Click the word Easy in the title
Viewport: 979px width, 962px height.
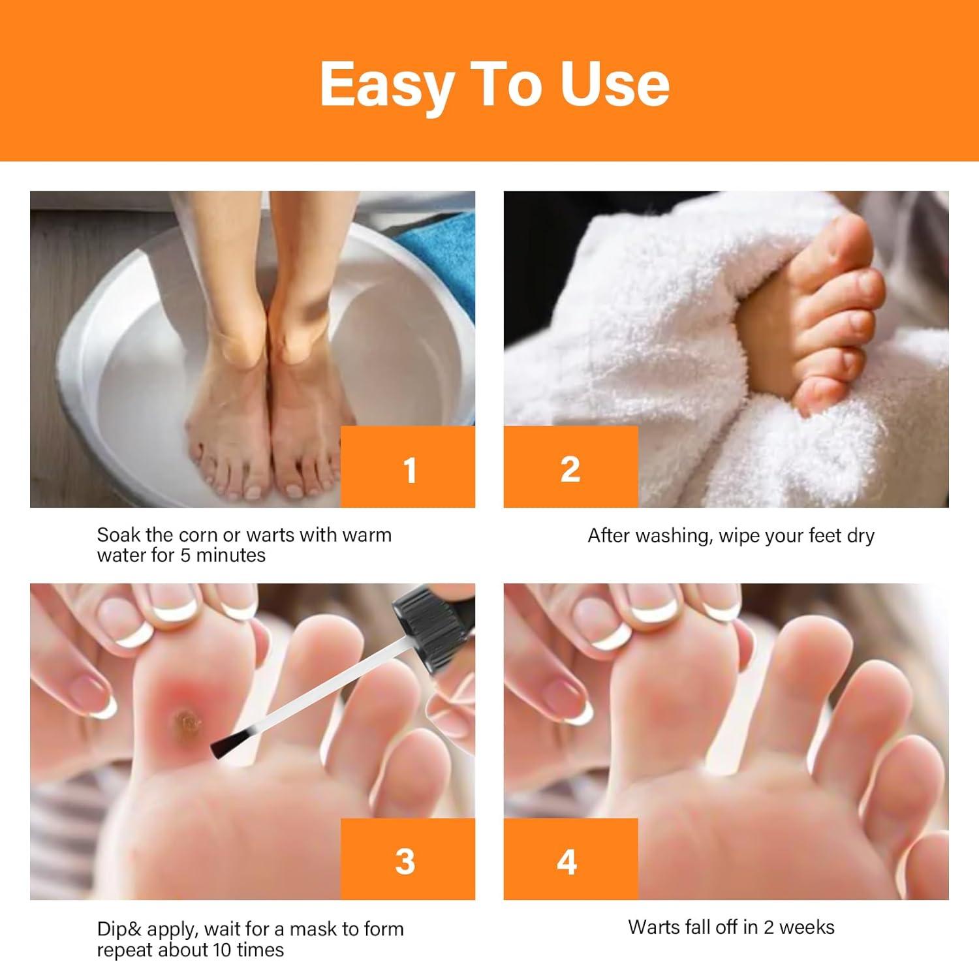(x=386, y=85)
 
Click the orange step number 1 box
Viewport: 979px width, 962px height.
(x=408, y=467)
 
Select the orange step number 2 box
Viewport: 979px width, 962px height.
(x=570, y=467)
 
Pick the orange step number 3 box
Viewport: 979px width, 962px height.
(x=408, y=860)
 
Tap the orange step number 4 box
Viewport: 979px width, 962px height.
(x=570, y=860)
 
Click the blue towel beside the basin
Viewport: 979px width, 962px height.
(x=441, y=255)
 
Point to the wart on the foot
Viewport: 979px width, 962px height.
(x=187, y=722)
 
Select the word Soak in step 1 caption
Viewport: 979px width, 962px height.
(x=119, y=535)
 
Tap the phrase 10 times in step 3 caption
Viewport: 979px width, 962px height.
(x=251, y=950)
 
